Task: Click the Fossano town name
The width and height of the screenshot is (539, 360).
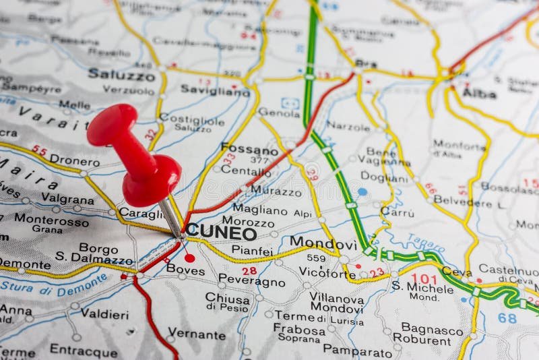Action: [x=249, y=150]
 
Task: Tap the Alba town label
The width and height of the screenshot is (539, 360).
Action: [x=479, y=94]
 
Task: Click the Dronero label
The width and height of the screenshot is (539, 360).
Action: [x=75, y=162]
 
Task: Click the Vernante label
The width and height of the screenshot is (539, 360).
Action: [x=196, y=334]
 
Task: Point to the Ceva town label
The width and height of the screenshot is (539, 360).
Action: [x=457, y=272]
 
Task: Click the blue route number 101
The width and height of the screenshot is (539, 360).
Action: [x=423, y=278]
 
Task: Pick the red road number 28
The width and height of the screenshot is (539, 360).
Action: [x=249, y=270]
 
